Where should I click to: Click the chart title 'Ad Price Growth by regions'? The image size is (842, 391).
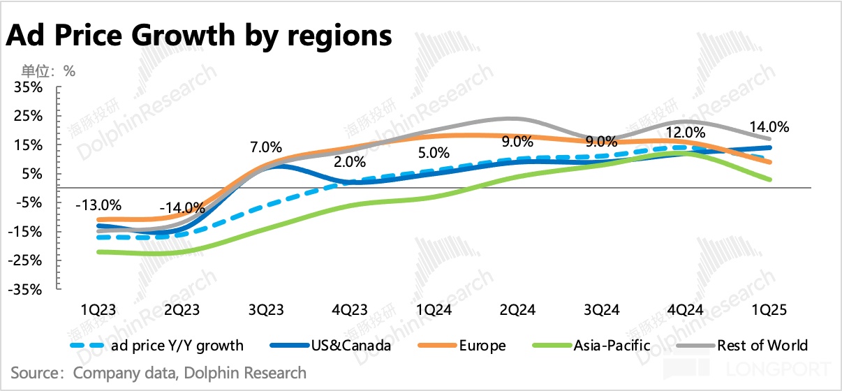[x=199, y=35]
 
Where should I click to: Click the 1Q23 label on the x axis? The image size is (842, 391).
[x=98, y=308]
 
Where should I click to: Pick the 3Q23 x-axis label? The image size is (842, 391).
[x=265, y=308]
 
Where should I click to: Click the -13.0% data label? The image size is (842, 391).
[x=99, y=205]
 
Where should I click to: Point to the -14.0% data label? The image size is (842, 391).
[x=182, y=208]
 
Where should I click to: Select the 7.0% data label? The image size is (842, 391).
[x=265, y=147]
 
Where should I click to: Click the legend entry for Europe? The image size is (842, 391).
[x=482, y=345]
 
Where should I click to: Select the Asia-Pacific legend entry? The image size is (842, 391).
[x=612, y=345]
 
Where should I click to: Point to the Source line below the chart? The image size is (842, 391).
[x=158, y=373]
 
